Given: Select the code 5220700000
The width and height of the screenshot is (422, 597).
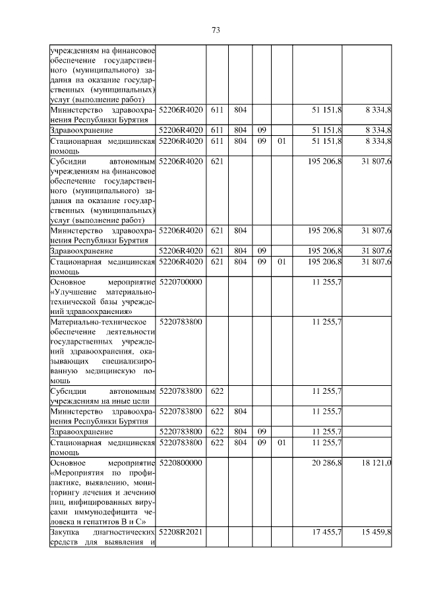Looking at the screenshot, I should (x=181, y=282).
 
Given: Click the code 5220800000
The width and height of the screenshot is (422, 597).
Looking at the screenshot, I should (x=181, y=464).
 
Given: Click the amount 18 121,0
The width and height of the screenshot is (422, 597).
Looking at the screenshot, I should (x=377, y=464).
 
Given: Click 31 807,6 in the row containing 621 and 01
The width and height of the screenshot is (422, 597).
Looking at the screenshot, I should (x=377, y=262).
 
